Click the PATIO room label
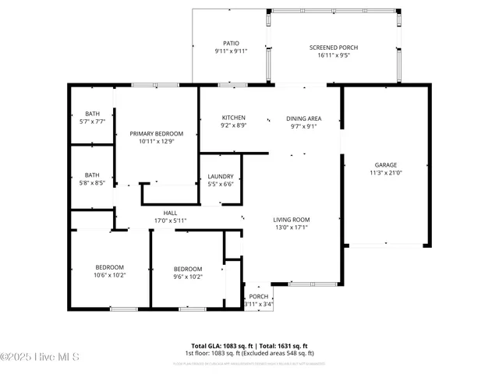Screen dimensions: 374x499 (x=231, y=44)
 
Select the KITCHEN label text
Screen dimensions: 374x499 (x=212, y=118)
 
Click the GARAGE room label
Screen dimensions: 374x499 (x=386, y=165)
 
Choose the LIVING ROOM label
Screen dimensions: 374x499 (x=291, y=220)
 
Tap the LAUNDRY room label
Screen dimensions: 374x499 (x=221, y=177)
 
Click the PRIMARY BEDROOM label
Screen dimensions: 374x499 (x=156, y=134)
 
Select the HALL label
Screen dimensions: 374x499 (x=170, y=213)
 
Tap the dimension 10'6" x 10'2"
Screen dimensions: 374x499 (x=109, y=275)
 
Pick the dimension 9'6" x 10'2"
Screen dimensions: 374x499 (x=188, y=277)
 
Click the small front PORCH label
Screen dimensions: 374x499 (x=258, y=297)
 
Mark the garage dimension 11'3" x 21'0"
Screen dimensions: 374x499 (x=386, y=173)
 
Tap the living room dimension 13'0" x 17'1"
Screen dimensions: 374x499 (x=291, y=228)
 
